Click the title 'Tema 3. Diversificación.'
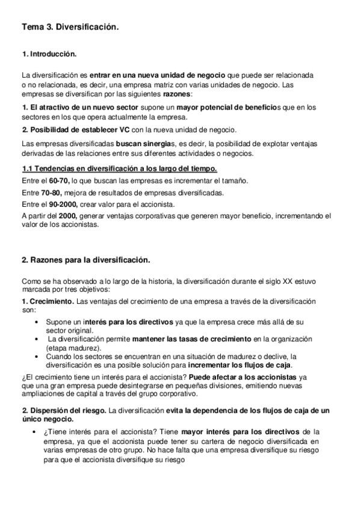[70, 28]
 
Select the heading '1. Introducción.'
[49, 55]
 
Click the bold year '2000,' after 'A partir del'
[67, 215]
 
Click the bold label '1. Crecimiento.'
[48, 300]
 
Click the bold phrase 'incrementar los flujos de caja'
[239, 364]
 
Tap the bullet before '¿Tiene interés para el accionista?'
[37, 431]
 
